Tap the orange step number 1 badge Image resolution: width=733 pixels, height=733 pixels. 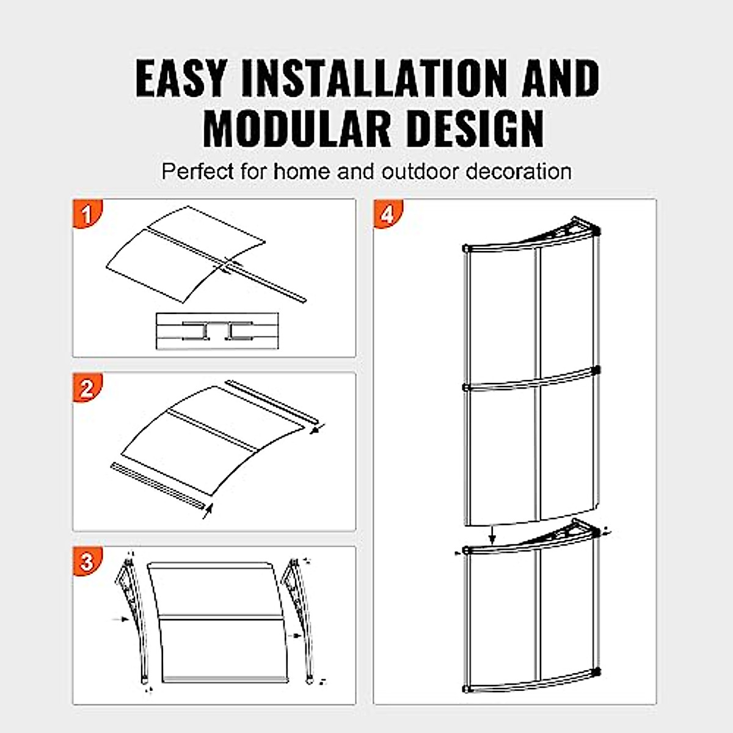click(87, 214)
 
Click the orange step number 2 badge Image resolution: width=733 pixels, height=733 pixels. click(87, 388)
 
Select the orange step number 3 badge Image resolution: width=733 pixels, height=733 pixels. click(87, 561)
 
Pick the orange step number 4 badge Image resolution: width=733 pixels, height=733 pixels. click(388, 214)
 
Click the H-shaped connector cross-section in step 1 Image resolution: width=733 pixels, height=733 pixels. click(217, 331)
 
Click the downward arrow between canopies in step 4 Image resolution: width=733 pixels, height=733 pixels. click(493, 536)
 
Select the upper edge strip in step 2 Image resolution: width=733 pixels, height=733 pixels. click(272, 403)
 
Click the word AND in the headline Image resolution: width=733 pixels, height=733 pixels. click(560, 78)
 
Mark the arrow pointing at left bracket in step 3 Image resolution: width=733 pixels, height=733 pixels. click(120, 619)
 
